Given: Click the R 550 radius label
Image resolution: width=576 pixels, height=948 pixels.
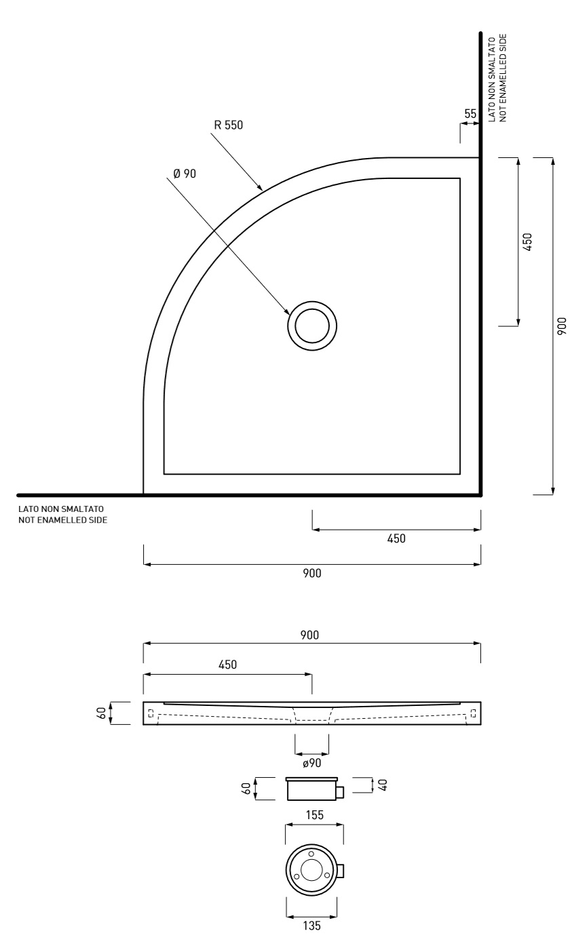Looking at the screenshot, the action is [x=228, y=125].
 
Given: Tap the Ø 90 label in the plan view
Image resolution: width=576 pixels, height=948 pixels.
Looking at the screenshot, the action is [x=185, y=174].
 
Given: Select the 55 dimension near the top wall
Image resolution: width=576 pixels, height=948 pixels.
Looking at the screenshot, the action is [x=470, y=114].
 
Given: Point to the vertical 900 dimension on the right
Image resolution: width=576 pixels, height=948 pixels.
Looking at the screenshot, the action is [x=562, y=326].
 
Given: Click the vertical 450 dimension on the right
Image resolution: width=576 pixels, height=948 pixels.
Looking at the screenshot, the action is [x=527, y=242].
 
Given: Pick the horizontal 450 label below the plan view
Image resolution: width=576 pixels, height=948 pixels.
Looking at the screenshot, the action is [x=396, y=538].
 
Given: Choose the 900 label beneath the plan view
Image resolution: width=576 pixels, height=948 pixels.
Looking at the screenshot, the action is [x=312, y=573].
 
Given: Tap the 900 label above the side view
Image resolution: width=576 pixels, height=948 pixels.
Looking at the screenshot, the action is [x=309, y=635].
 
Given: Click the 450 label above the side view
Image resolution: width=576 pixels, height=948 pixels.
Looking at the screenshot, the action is [x=227, y=665].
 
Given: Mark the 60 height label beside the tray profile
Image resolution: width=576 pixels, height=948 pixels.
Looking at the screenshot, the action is [x=102, y=713].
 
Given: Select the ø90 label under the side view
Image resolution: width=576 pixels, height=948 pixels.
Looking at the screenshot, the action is [x=312, y=763].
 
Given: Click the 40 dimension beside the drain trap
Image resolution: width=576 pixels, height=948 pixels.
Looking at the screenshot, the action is [x=383, y=785].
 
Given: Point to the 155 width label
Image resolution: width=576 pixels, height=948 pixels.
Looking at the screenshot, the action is [x=314, y=815].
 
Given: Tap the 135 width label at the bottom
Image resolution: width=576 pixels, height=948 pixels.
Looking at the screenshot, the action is [x=311, y=937].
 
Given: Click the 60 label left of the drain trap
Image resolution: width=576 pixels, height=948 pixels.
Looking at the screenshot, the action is [x=246, y=789].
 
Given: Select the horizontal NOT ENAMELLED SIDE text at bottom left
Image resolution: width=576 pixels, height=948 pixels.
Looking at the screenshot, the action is [x=62, y=520].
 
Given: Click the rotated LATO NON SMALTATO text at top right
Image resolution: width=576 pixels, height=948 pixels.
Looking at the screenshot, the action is [x=492, y=79].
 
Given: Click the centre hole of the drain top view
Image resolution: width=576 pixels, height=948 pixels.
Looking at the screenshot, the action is [x=311, y=870].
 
